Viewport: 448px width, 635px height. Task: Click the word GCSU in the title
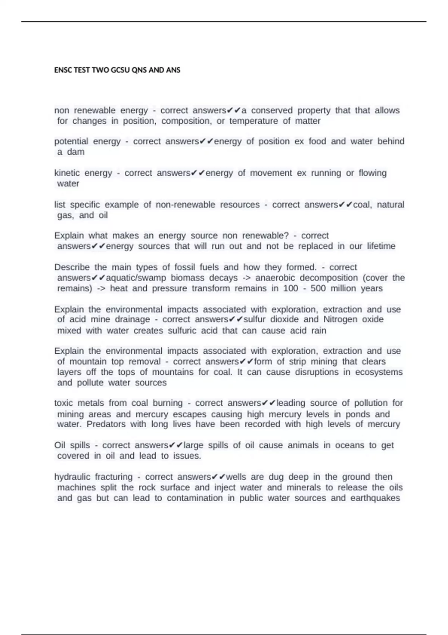[118, 70]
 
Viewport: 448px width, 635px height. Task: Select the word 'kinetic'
[67, 173]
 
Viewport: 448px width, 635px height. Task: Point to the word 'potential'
[71, 142]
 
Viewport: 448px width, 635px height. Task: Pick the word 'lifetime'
[381, 246]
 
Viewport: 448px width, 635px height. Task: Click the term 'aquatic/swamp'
[136, 278]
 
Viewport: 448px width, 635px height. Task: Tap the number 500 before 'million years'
[318, 288]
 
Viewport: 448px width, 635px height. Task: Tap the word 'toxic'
[64, 403]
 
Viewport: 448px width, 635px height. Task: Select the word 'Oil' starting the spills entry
[60, 445]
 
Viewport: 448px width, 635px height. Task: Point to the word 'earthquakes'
[375, 498]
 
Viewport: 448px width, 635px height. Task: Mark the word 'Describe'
[72, 267]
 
